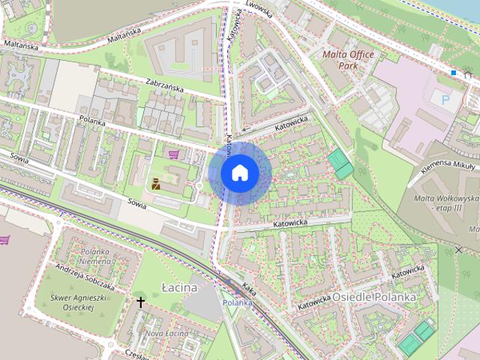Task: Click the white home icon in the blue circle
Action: click(239, 172)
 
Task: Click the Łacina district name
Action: click(179, 287)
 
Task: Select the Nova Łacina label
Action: click(166, 333)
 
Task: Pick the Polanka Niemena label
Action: click(95, 256)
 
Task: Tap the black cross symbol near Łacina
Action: click(140, 301)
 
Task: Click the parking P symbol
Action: click(446, 97)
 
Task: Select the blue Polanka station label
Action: click(237, 302)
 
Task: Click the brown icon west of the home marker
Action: click(157, 184)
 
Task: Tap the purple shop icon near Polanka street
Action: click(175, 154)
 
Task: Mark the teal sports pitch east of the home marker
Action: click(340, 163)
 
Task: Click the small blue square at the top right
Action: click(453, 73)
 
